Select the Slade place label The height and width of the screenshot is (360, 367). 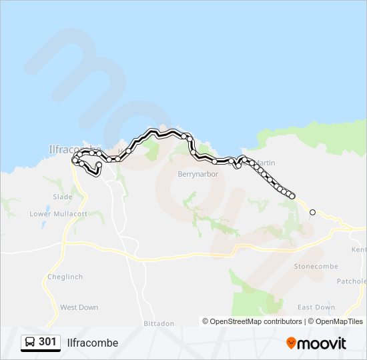click(62, 197)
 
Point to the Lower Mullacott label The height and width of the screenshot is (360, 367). click(59, 214)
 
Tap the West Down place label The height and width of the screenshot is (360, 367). click(79, 307)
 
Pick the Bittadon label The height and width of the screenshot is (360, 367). click(159, 323)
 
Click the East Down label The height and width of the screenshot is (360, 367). click(316, 307)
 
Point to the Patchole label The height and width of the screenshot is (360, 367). click(352, 281)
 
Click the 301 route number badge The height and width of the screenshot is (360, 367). click(47, 342)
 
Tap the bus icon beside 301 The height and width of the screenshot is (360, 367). click(30, 343)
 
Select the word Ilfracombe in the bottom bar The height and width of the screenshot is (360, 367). click(93, 343)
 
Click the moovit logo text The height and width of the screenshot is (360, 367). click(322, 343)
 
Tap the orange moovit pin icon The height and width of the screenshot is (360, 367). click(291, 343)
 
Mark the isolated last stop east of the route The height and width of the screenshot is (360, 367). click(312, 212)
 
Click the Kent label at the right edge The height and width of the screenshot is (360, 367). click(359, 250)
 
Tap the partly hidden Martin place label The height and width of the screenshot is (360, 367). click(266, 163)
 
